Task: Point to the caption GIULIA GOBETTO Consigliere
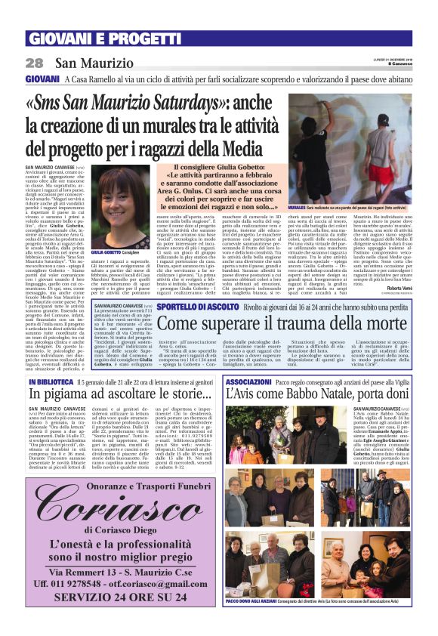tap(116, 252)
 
